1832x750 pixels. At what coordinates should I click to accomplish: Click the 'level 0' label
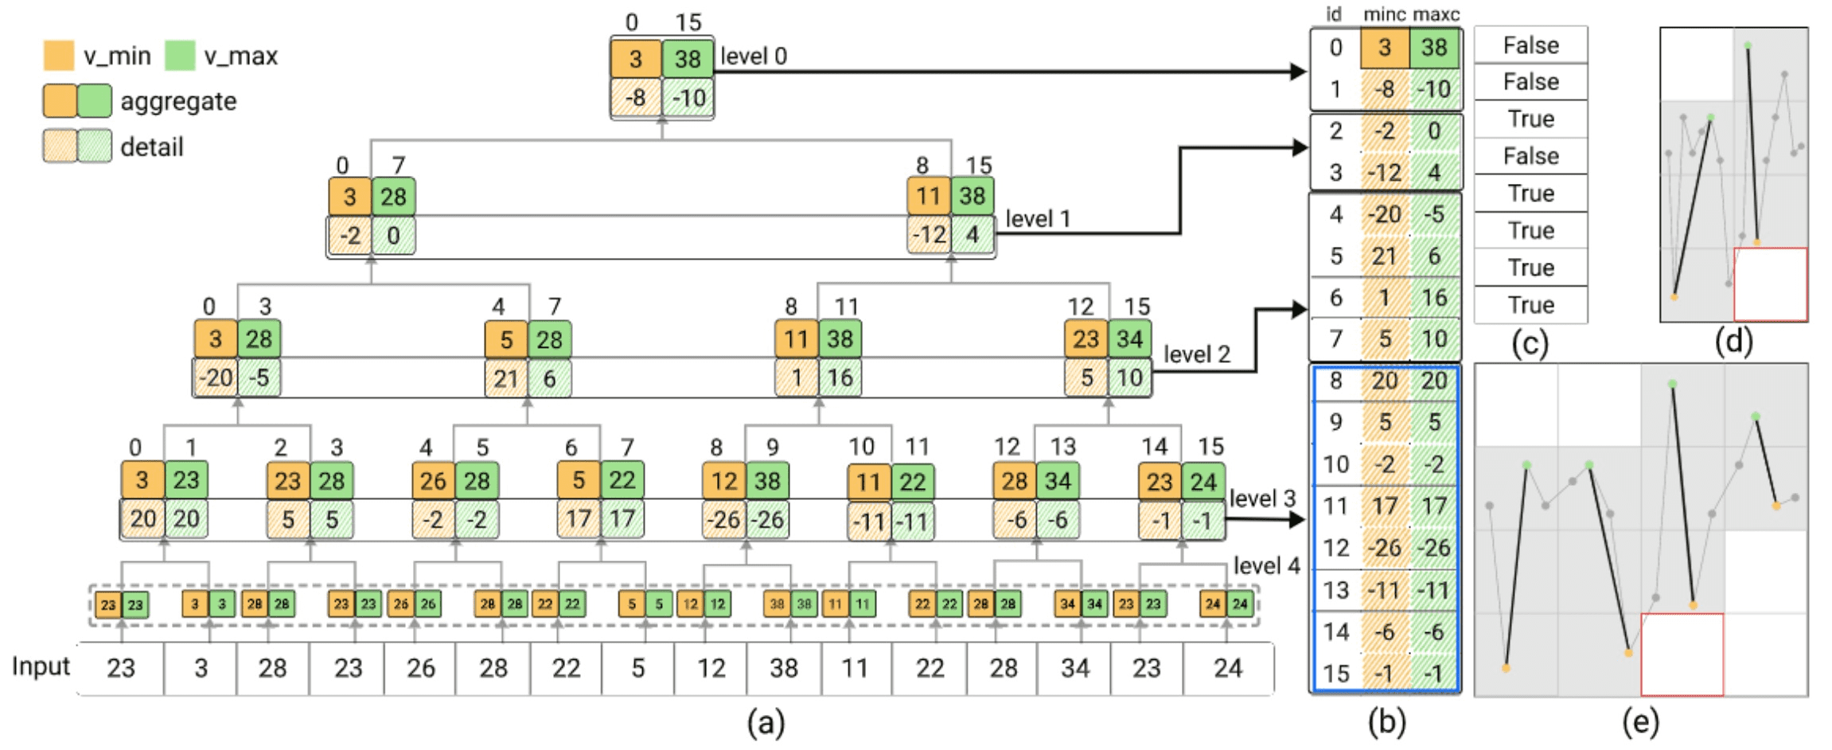click(753, 57)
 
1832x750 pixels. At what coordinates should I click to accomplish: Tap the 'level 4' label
click(1265, 565)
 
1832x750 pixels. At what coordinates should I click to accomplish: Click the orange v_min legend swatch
click(59, 56)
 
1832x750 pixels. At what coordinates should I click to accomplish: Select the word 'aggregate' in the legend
click(178, 101)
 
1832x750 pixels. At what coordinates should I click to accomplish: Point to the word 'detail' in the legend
click(151, 147)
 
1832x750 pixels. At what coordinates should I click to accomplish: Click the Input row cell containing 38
click(783, 667)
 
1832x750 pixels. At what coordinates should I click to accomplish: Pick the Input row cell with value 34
click(1074, 667)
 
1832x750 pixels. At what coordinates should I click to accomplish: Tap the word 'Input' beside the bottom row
click(41, 666)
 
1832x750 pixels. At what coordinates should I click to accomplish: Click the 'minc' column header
click(1384, 14)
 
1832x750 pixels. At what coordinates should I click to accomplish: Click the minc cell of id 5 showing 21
click(1384, 256)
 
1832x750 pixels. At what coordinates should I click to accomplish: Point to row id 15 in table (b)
click(1335, 674)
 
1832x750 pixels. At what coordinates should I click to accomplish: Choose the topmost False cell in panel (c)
click(1530, 45)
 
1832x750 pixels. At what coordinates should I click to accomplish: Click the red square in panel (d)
click(1770, 284)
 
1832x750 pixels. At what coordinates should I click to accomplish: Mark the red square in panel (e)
click(1682, 654)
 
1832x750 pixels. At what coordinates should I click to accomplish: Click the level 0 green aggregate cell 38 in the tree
click(688, 58)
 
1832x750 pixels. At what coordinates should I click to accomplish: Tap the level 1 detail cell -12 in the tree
click(928, 235)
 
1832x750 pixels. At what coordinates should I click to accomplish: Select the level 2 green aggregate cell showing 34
click(1129, 339)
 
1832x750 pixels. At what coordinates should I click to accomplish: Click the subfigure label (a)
click(766, 722)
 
